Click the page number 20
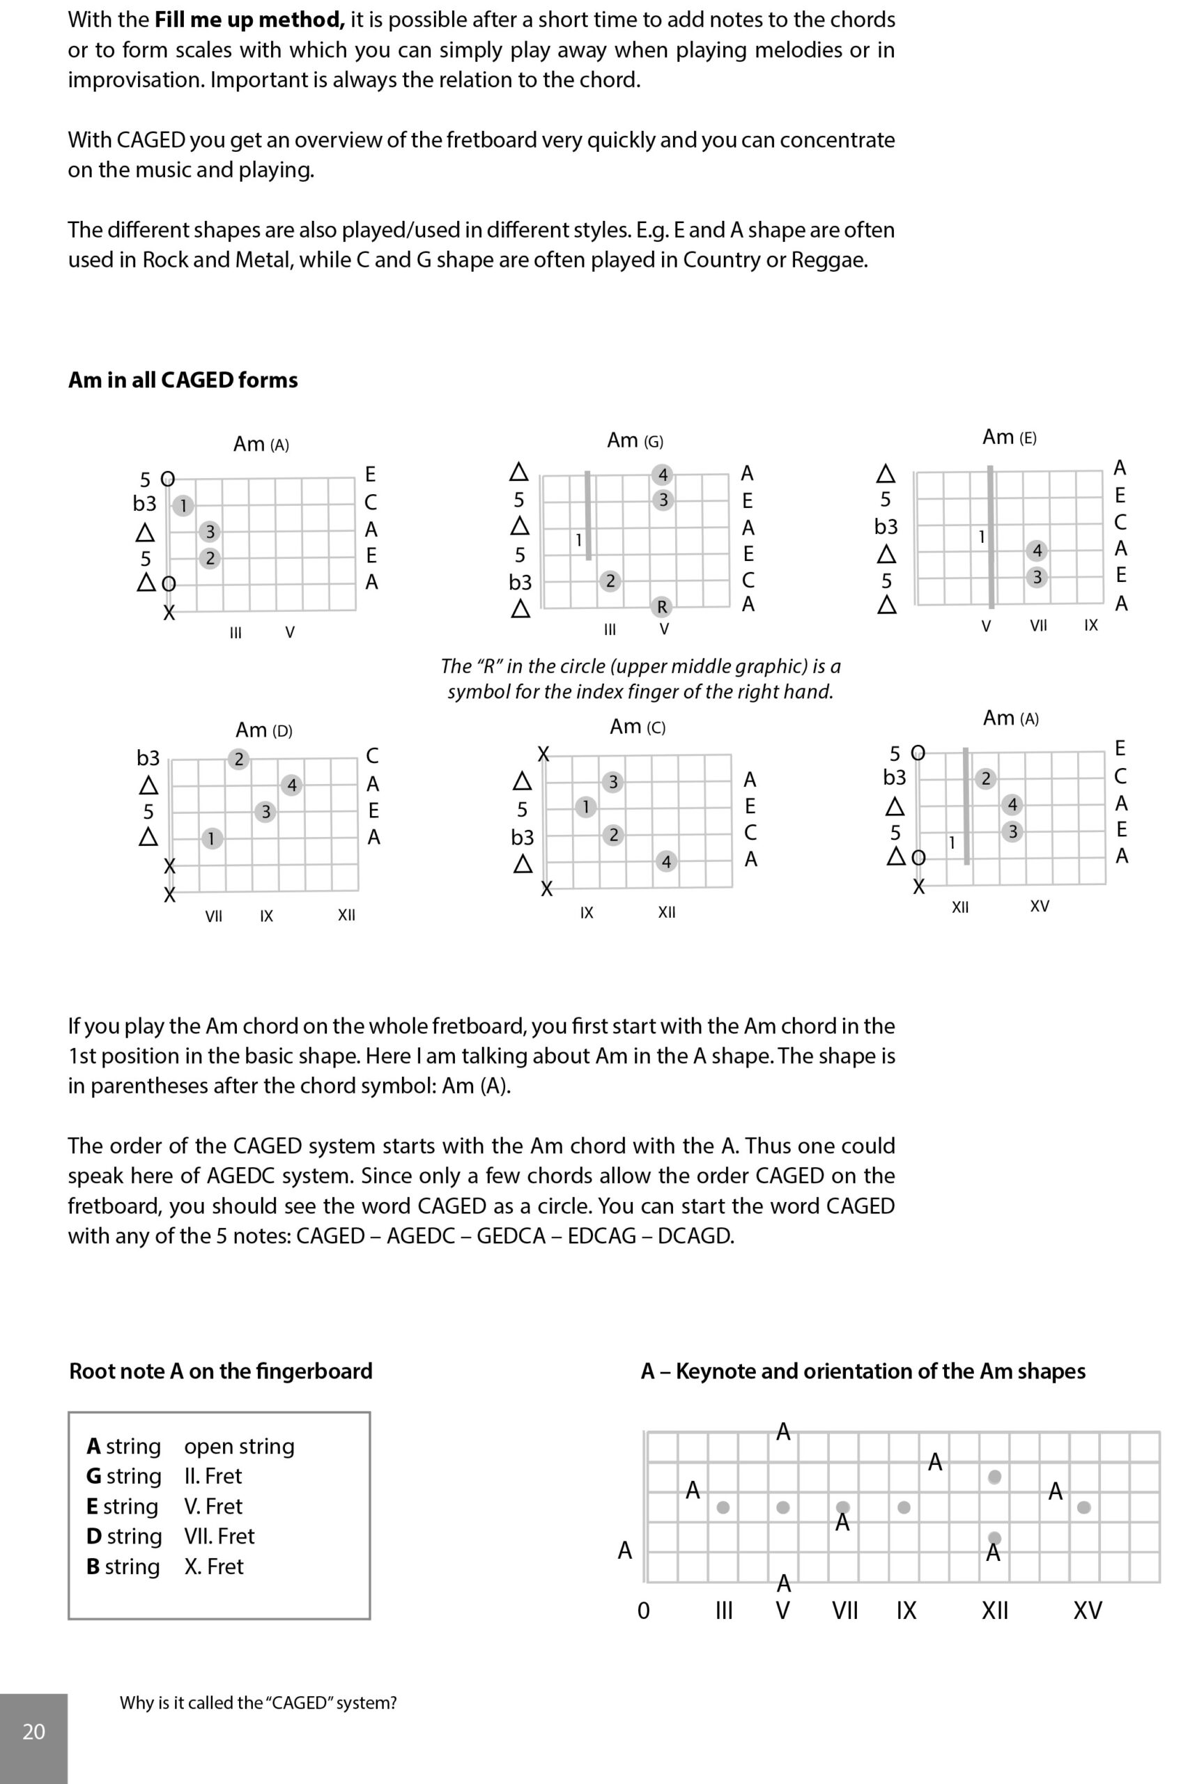[34, 1731]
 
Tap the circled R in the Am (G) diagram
[662, 606]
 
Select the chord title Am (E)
[1010, 438]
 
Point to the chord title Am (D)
[263, 730]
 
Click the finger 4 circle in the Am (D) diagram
[291, 785]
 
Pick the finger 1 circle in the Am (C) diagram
[585, 807]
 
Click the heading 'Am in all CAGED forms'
[183, 380]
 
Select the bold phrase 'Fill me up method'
[249, 20]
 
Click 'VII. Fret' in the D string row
[219, 1535]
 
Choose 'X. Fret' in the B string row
[214, 1567]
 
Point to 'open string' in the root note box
[239, 1446]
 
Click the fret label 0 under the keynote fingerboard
[643, 1610]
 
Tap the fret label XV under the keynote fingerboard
[1088, 1610]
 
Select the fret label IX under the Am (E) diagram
[1090, 624]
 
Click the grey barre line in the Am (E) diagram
[991, 537]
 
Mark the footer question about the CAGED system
[258, 1702]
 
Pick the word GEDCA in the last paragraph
[511, 1236]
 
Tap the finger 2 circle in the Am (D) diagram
[239, 759]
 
